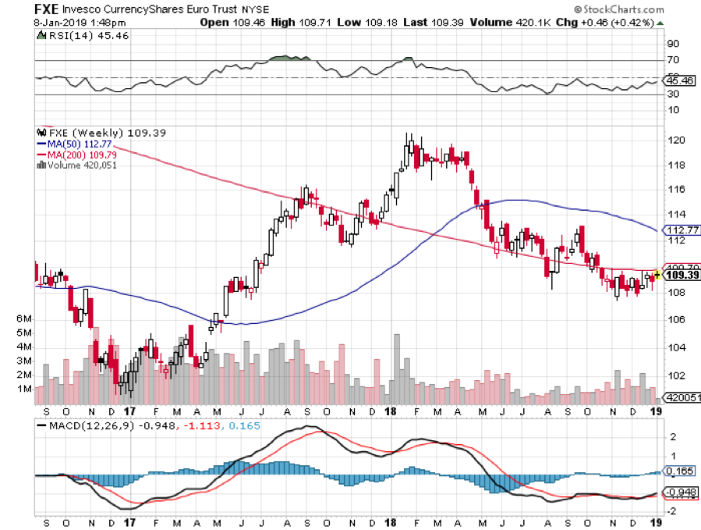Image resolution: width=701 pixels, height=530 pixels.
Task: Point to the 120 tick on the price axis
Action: (x=676, y=140)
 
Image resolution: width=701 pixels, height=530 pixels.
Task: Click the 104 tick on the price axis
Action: (x=676, y=347)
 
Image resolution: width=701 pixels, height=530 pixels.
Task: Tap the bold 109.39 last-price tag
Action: (x=680, y=276)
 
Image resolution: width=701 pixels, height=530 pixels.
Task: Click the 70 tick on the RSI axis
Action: (x=671, y=59)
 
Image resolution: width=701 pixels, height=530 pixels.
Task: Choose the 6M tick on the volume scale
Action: (x=23, y=319)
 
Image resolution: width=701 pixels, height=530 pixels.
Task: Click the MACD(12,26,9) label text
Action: (x=90, y=425)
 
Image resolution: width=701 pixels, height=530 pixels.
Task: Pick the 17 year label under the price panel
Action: (x=129, y=411)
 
